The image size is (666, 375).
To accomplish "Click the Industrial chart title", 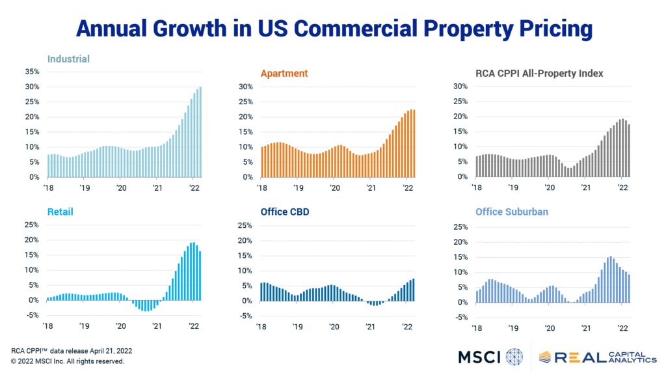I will pyautogui.click(x=68, y=59).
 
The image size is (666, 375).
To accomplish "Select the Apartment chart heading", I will pyautogui.click(x=284, y=74).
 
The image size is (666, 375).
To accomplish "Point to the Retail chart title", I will pyautogui.click(x=60, y=212).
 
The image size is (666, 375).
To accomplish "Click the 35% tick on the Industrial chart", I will pyautogui.click(x=33, y=72).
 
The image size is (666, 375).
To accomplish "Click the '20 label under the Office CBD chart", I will pyautogui.click(x=334, y=327).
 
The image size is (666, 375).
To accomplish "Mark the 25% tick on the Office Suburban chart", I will pyautogui.click(x=460, y=227).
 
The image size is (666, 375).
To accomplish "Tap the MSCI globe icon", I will pyautogui.click(x=514, y=357).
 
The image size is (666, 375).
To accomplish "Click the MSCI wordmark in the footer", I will pyautogui.click(x=479, y=357).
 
